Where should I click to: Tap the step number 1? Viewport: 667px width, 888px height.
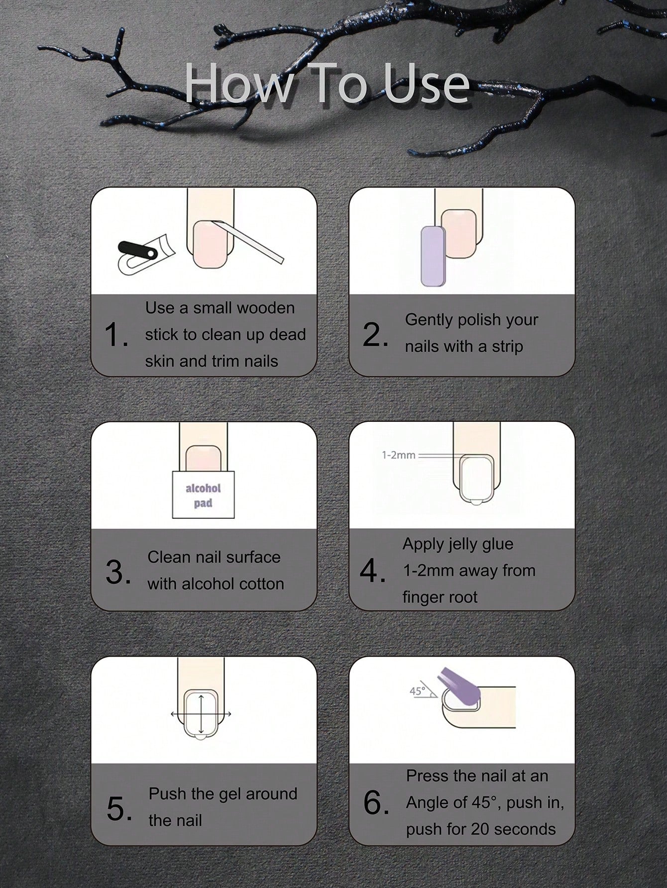point(116,334)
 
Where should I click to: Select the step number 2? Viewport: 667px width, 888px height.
point(375,334)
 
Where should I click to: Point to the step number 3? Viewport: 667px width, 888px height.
point(118,572)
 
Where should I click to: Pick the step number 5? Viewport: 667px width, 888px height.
point(119,808)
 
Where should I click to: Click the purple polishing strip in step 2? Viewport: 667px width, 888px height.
point(433,256)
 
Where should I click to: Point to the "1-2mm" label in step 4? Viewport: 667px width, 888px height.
point(398,455)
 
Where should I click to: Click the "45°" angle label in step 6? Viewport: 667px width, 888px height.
point(418,691)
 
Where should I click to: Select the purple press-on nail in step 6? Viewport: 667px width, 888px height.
point(458,684)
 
